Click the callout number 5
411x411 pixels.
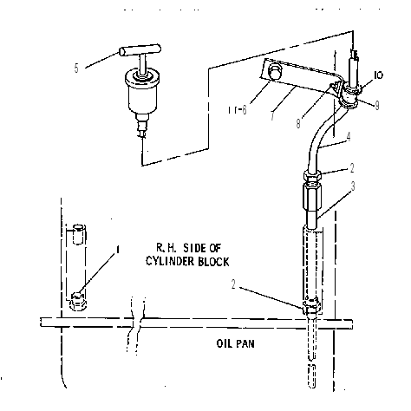click(76, 68)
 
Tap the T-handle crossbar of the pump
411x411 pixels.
click(140, 50)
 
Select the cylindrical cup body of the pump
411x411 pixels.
click(142, 93)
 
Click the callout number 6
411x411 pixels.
click(245, 110)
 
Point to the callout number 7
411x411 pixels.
click(273, 115)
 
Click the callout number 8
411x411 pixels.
click(298, 123)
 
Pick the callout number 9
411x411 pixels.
click(376, 106)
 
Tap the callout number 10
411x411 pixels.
click(378, 75)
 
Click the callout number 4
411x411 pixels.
click(349, 137)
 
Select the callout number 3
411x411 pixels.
click(353, 186)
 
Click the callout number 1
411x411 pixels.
click(117, 250)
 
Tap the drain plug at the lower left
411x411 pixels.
click(78, 302)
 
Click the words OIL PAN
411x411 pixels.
click(236, 343)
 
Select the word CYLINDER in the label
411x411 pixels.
click(170, 261)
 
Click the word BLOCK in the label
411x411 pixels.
click(213, 261)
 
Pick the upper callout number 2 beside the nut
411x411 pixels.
click(352, 168)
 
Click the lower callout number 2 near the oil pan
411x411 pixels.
click(233, 284)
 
